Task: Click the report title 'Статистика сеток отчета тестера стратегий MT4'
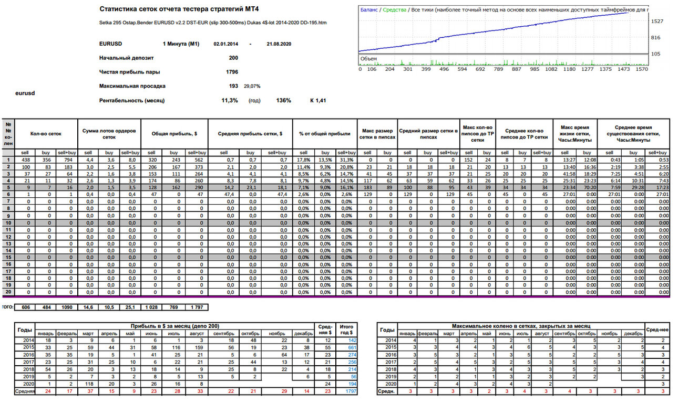pyautogui.click(x=179, y=9)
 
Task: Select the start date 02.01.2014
pyautogui.click(x=226, y=44)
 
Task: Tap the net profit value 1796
pyautogui.click(x=232, y=72)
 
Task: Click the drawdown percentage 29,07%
pyautogui.click(x=252, y=87)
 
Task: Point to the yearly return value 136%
pyautogui.click(x=283, y=101)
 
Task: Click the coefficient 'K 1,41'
pyautogui.click(x=318, y=101)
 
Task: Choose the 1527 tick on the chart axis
pyautogui.click(x=657, y=22)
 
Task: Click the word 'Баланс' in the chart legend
pyautogui.click(x=369, y=10)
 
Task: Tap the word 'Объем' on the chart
pyautogui.click(x=368, y=59)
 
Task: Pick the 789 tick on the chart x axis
pyautogui.click(x=498, y=69)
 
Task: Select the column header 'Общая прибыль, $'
pyautogui.click(x=174, y=134)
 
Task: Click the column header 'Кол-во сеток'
pyautogui.click(x=46, y=134)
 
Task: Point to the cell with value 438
pyautogui.click(x=26, y=160)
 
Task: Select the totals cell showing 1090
pyautogui.click(x=67, y=307)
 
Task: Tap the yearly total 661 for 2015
pyautogui.click(x=352, y=348)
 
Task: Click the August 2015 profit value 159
pyautogui.click(x=199, y=348)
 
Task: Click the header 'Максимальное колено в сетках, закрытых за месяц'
pyautogui.click(x=521, y=326)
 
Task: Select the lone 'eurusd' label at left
pyautogui.click(x=25, y=93)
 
